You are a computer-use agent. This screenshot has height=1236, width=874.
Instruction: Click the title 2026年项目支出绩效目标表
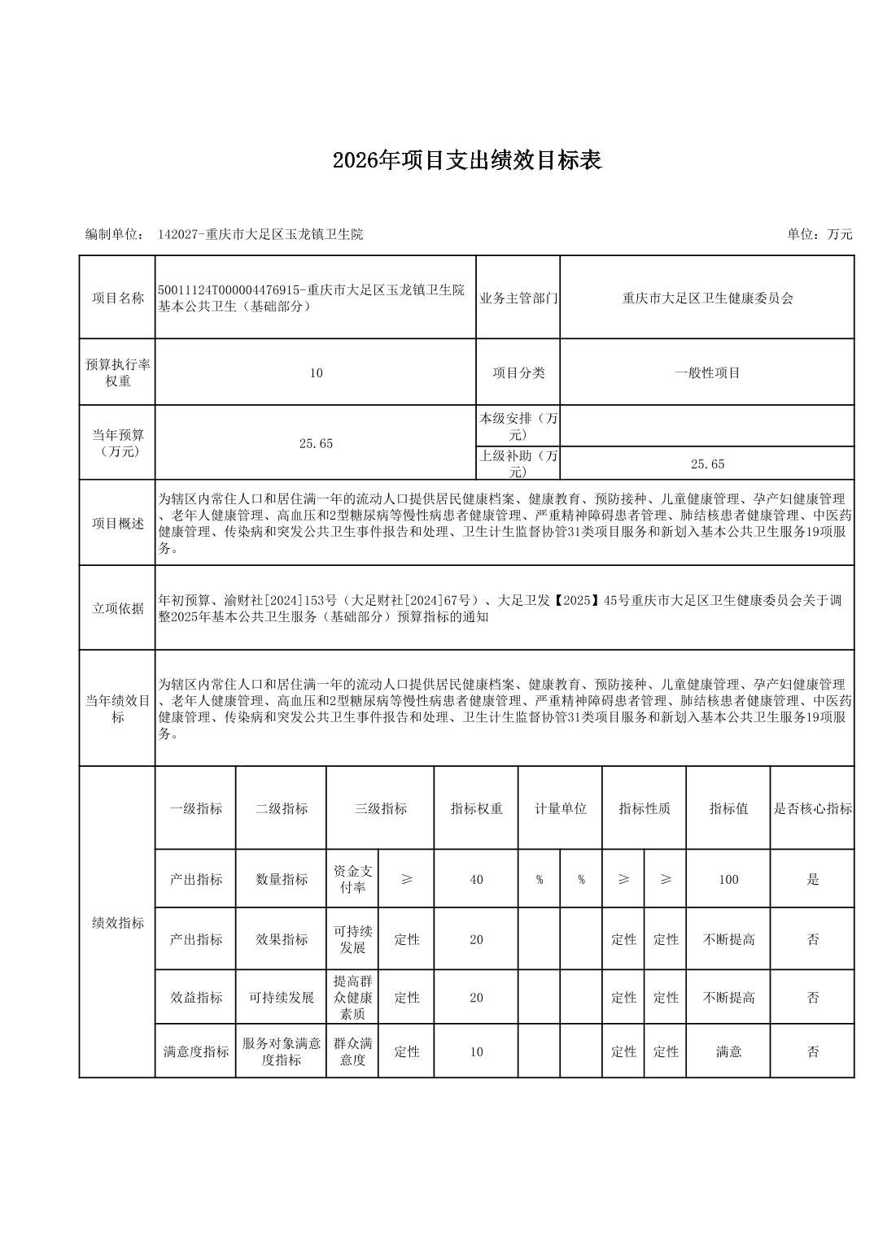coord(466,161)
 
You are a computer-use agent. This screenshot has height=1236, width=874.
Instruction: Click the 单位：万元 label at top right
coord(819,234)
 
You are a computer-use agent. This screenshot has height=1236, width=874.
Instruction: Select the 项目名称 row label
coord(117,298)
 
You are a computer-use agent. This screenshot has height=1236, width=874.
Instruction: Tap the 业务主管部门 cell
coord(518,298)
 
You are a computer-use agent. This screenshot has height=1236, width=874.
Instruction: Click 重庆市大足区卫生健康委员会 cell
coord(707,298)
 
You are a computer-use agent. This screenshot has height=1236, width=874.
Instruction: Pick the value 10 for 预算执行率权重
coord(316,373)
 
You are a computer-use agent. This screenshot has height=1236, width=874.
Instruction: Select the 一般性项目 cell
coord(707,373)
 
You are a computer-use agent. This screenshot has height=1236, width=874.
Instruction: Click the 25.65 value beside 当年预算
coord(316,443)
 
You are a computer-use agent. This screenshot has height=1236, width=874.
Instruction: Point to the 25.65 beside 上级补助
coord(707,464)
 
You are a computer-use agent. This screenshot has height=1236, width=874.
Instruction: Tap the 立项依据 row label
coord(117,608)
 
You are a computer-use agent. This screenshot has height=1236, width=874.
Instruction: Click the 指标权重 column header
coord(476,809)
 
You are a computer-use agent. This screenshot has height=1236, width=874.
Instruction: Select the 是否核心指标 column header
coord(812,809)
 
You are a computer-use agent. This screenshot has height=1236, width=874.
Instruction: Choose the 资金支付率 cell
coord(352,879)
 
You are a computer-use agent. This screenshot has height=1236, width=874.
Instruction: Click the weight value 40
coord(476,880)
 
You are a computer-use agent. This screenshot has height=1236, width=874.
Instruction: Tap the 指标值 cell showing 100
coord(728,880)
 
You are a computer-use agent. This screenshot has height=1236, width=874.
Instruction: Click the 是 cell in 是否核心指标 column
coord(812,880)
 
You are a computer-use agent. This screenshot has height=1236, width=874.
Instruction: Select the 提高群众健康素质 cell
coord(352,998)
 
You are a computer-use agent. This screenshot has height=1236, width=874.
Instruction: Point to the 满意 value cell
coord(728,1052)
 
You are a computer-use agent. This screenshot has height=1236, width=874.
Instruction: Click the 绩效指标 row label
coord(117,923)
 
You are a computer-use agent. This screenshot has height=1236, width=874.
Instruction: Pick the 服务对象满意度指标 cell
coord(282,1052)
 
